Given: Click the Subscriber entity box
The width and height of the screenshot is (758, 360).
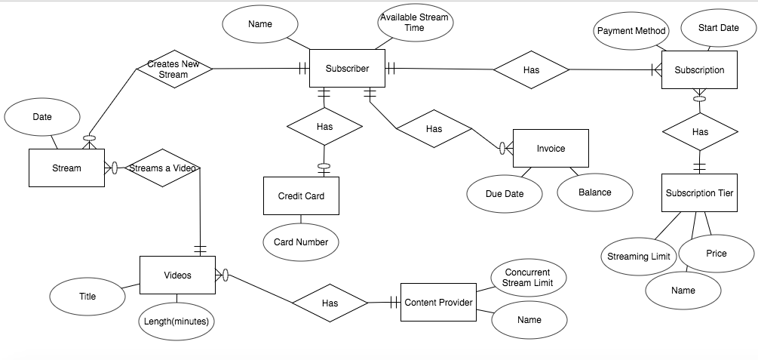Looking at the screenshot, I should click(x=347, y=69).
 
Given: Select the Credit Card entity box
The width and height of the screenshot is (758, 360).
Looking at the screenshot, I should click(x=301, y=195).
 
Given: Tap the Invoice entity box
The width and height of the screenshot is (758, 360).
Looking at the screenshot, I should click(x=551, y=149).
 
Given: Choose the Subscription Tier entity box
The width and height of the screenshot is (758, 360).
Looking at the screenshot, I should click(x=699, y=193).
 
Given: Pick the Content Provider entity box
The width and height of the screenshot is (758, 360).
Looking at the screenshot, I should click(x=438, y=303).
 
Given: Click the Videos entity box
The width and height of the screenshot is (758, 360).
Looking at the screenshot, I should click(x=177, y=275).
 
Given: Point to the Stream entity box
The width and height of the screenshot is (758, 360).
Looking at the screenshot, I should click(x=66, y=168).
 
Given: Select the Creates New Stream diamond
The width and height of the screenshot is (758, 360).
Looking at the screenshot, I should click(x=173, y=69).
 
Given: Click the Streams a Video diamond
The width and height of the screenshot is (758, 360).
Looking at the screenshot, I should click(x=162, y=168).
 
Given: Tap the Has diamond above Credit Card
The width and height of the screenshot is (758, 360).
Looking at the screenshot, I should click(x=324, y=127).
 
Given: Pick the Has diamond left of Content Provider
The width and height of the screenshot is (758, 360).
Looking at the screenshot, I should click(x=330, y=303).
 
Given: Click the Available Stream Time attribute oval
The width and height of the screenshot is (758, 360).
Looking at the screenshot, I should click(x=415, y=23).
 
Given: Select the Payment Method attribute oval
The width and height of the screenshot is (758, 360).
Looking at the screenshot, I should click(x=631, y=31).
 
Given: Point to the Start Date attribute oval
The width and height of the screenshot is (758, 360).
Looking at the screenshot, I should click(x=718, y=28).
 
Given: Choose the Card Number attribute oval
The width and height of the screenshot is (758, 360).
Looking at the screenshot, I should click(x=301, y=242).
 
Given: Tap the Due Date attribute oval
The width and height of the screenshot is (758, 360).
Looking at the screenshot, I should click(x=504, y=194).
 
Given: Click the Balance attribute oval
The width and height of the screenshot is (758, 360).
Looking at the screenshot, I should click(x=594, y=192).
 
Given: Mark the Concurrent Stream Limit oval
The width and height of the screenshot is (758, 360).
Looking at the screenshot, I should click(x=527, y=278).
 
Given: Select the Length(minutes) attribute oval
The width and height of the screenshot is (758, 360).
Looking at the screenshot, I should click(x=176, y=322).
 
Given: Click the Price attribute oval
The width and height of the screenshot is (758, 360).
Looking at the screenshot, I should click(x=716, y=254).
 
